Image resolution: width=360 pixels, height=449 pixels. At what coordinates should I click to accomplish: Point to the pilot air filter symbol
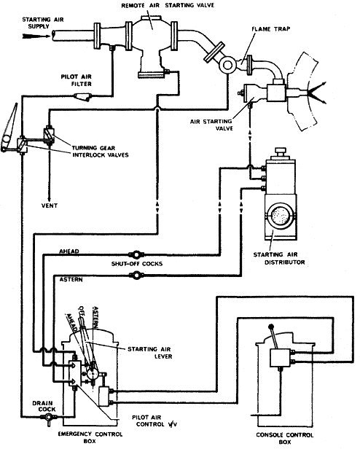point(88,95)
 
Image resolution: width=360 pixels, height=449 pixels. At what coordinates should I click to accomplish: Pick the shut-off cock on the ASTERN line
point(133,275)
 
